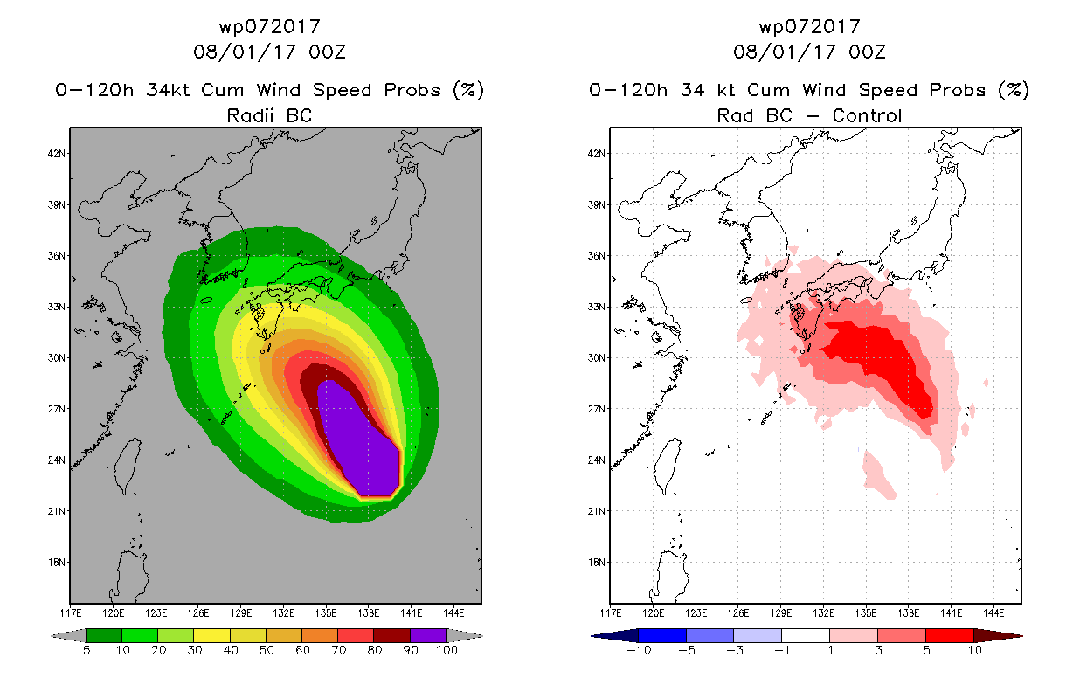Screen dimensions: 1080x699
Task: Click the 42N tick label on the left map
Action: pos(57,154)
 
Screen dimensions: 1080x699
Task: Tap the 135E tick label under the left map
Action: pos(326,613)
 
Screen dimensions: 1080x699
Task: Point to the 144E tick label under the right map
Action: pos(993,613)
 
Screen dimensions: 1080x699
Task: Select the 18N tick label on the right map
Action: pos(597,563)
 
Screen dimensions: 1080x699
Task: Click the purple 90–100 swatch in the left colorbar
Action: pos(428,635)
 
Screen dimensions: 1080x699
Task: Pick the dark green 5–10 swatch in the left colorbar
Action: pos(104,635)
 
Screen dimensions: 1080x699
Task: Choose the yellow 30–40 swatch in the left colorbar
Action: pos(211,635)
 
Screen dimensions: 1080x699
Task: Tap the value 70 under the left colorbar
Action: pos(339,650)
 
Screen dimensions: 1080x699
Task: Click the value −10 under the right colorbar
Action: pos(639,650)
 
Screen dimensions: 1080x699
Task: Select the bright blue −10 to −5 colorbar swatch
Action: pos(662,635)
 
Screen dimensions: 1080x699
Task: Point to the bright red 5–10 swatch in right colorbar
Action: pos(950,635)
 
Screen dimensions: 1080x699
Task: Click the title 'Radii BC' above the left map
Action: pos(269,115)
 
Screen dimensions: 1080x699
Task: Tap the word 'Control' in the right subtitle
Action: pos(867,115)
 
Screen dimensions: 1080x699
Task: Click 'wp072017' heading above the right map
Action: pos(809,26)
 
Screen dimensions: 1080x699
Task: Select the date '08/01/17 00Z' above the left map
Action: pos(269,52)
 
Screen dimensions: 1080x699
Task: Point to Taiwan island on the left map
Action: pos(127,465)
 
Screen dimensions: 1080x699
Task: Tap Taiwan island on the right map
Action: pos(667,465)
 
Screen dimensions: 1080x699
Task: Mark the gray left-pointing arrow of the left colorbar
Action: pos(68,636)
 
